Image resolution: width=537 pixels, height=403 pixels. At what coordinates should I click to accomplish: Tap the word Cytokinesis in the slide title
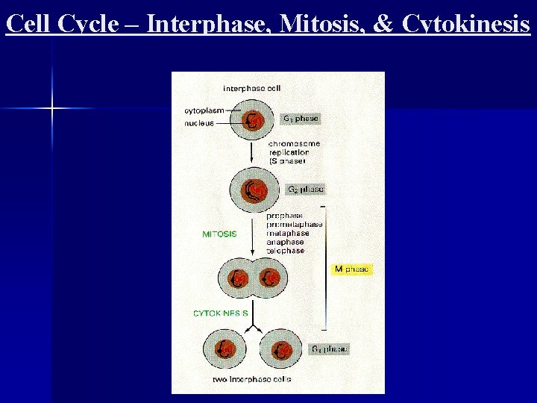point(465,24)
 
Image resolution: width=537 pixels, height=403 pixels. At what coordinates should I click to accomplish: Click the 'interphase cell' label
point(252,88)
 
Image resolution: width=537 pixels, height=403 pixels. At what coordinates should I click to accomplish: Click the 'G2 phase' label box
point(305,190)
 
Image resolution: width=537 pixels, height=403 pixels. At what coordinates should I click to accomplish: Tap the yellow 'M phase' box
point(351,269)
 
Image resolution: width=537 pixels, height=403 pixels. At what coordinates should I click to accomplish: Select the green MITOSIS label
point(219,234)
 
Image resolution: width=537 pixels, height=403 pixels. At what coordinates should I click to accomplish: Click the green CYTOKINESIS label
point(221,313)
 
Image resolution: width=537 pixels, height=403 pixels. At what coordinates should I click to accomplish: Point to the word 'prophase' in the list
point(285,216)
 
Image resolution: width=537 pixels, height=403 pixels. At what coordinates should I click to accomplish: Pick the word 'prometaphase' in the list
point(295,225)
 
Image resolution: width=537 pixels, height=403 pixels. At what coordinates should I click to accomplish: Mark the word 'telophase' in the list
point(286,251)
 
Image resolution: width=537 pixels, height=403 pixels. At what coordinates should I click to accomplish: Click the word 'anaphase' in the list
point(286,242)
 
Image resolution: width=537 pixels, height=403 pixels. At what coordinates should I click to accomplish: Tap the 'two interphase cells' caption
point(254,379)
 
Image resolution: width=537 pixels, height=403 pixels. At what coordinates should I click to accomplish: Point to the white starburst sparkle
point(52,109)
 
